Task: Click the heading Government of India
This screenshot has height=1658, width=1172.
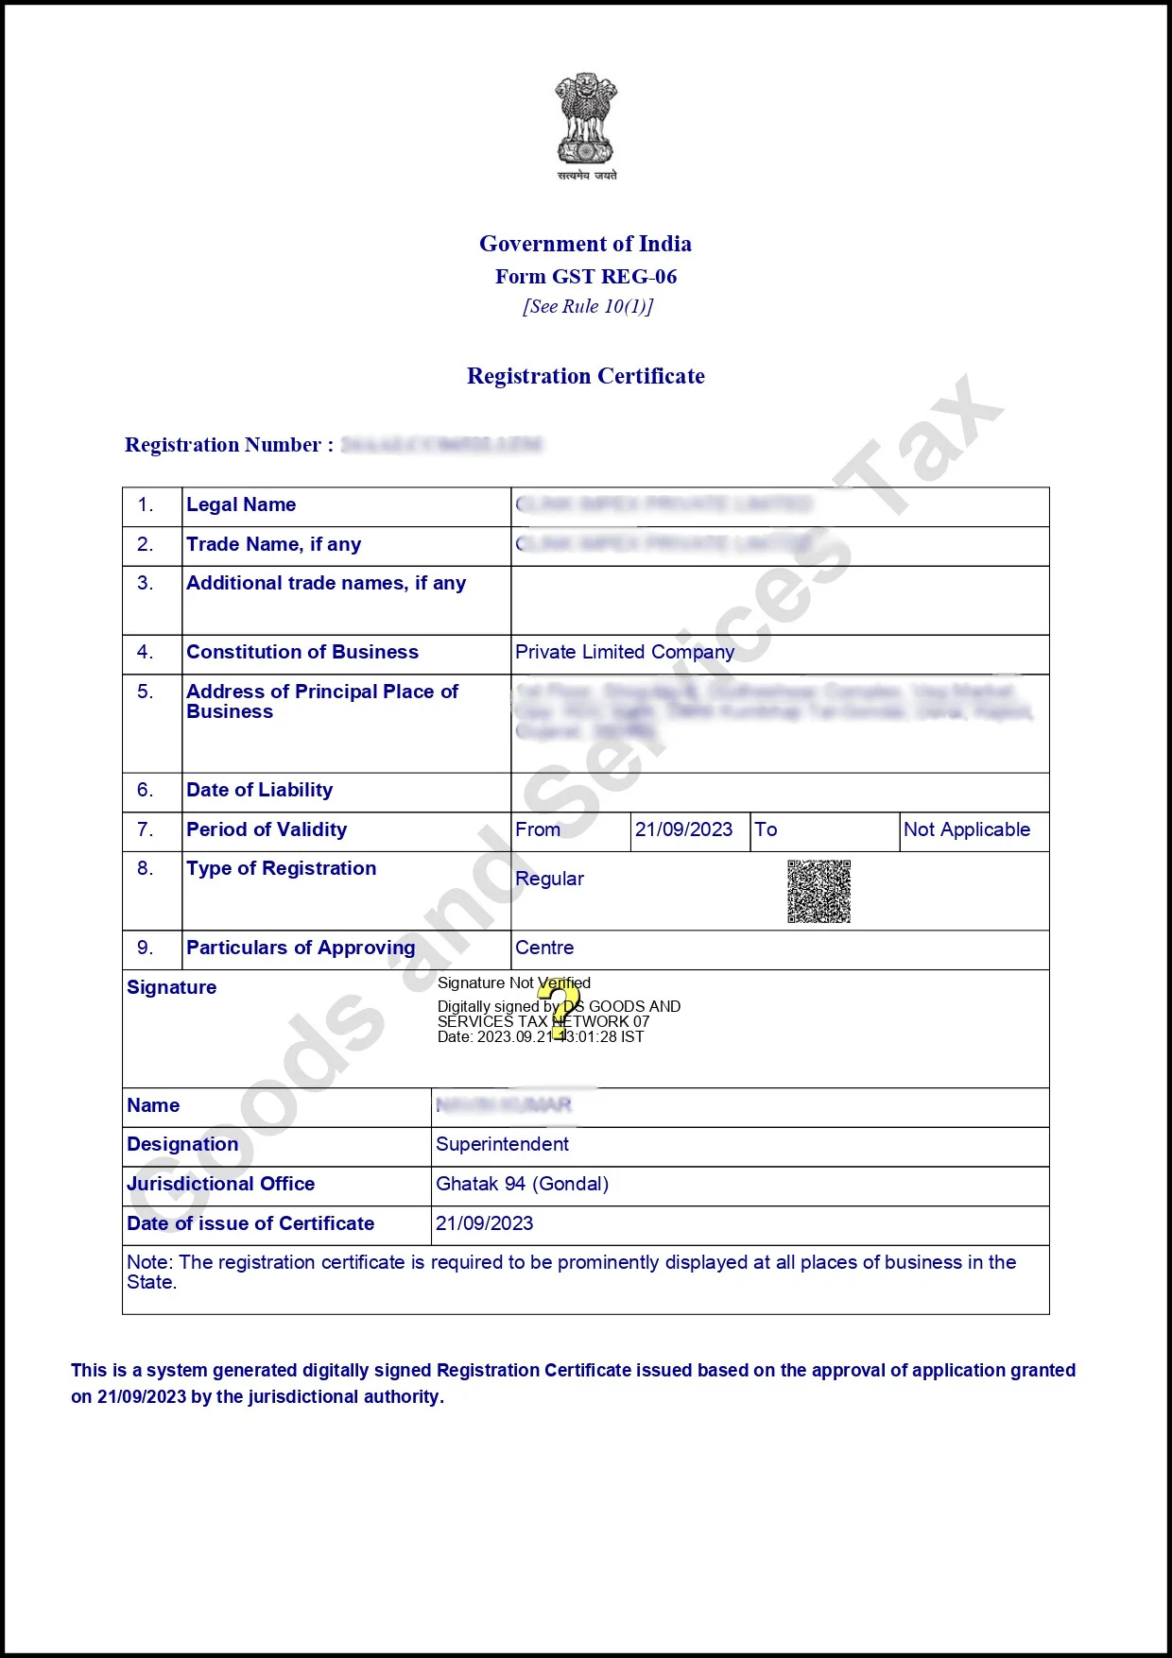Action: point(585,244)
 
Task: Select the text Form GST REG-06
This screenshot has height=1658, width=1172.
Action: point(586,277)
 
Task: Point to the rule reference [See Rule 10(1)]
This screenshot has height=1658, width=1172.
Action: point(588,306)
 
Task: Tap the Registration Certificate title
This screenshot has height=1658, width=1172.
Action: point(586,376)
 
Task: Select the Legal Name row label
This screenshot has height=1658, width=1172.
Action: point(241,504)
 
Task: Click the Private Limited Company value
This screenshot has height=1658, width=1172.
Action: point(625,652)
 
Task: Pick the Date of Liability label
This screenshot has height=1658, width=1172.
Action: point(259,790)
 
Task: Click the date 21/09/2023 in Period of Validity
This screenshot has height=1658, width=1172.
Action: point(683,829)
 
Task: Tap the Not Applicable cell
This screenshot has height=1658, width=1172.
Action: point(966,829)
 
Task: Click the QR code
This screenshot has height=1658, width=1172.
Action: point(819,891)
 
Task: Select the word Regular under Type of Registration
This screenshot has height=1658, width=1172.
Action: point(549,879)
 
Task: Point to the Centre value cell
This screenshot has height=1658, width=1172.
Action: point(544,948)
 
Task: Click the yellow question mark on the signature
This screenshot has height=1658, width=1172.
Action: point(560,1009)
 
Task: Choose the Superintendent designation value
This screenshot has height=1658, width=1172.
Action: point(502,1144)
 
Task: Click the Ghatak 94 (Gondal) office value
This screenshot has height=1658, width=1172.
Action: point(522,1184)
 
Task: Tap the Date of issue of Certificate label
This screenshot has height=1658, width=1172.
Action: point(250,1223)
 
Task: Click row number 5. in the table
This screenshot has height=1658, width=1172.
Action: point(145,692)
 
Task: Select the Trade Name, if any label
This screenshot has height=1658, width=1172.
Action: point(273,544)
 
